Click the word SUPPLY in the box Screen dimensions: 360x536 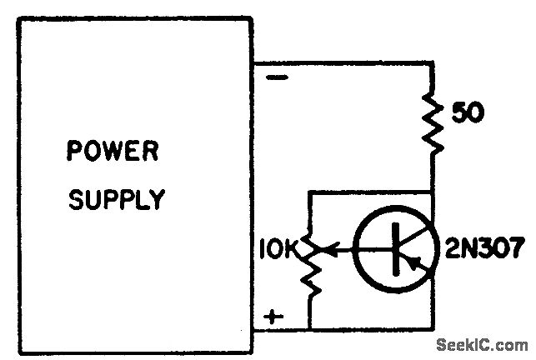(x=117, y=201)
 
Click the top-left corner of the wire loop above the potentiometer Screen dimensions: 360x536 (x=308, y=192)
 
